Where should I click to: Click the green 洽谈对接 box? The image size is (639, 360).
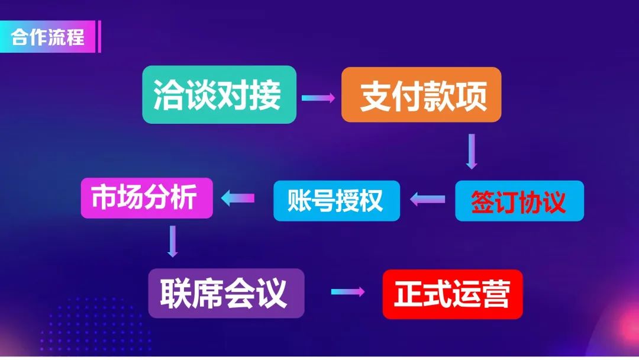pos(220,95)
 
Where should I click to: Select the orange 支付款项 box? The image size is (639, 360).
pos(421,95)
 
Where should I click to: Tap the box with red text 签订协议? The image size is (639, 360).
pos(519,201)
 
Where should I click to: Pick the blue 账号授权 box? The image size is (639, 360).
pos(337,201)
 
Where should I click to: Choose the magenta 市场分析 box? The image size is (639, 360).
pos(147,198)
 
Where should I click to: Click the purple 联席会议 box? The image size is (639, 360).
pos(226,293)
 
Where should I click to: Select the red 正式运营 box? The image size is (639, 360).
pos(453,294)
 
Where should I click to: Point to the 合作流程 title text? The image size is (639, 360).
pos(48,37)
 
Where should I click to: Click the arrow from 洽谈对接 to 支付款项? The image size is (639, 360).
pos(318,98)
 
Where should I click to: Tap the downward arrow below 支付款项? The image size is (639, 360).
pos(472,151)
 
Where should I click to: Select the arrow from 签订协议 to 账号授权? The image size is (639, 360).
pos(428,199)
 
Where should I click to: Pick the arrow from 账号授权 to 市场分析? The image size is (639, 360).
pos(238,198)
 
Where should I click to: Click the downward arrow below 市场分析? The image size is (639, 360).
pos(173,242)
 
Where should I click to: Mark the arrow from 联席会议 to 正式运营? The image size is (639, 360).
pos(348,291)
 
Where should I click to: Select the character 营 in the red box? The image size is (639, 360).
pos(496,294)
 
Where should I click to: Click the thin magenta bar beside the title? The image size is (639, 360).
pos(99,37)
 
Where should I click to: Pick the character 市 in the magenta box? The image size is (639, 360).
pos(104,197)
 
